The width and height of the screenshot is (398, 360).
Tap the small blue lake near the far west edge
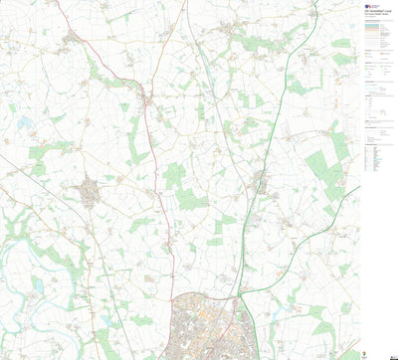[24, 124]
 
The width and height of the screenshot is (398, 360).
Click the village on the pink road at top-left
[71, 39]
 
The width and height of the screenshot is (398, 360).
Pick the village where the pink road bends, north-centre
[146, 100]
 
